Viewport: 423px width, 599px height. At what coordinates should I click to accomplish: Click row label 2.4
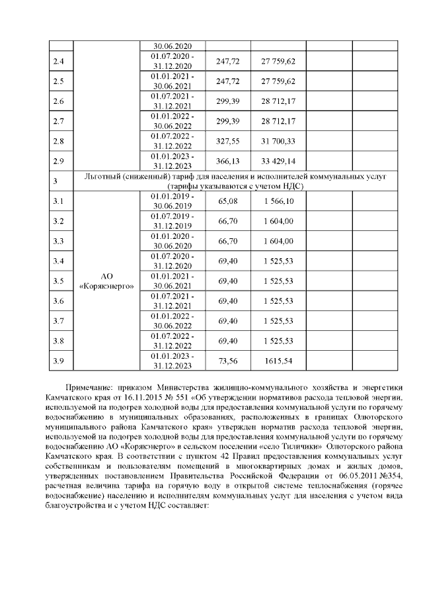point(58,62)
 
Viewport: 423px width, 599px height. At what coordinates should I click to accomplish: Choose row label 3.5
point(58,280)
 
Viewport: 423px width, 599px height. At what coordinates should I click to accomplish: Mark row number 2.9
point(58,161)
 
